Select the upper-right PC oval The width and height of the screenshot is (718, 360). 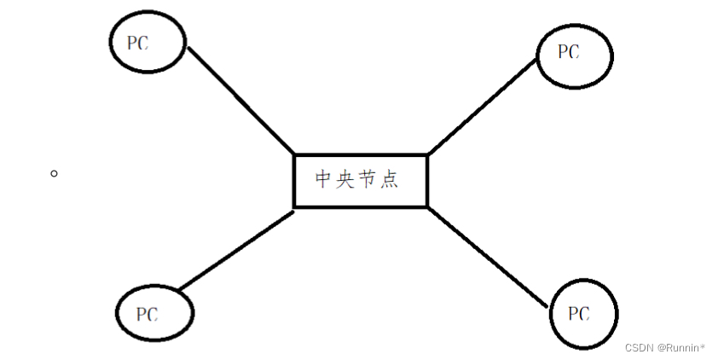pos(575,54)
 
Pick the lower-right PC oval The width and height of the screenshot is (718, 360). pos(583,314)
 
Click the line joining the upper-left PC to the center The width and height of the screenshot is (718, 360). pos(240,100)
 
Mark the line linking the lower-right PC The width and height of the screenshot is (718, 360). pos(486,255)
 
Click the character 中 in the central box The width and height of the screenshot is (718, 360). pos(324,180)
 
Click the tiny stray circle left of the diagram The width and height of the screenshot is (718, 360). pos(54,173)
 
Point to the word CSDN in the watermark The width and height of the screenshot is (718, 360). pos(639,348)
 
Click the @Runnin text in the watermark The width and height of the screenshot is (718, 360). pos(679,348)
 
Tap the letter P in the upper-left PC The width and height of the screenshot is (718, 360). pos(132,44)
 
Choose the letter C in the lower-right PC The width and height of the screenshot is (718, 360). pos(584,315)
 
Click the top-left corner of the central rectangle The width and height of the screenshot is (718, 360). pos(295,155)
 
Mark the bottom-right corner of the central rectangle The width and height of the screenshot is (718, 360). pos(426,206)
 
